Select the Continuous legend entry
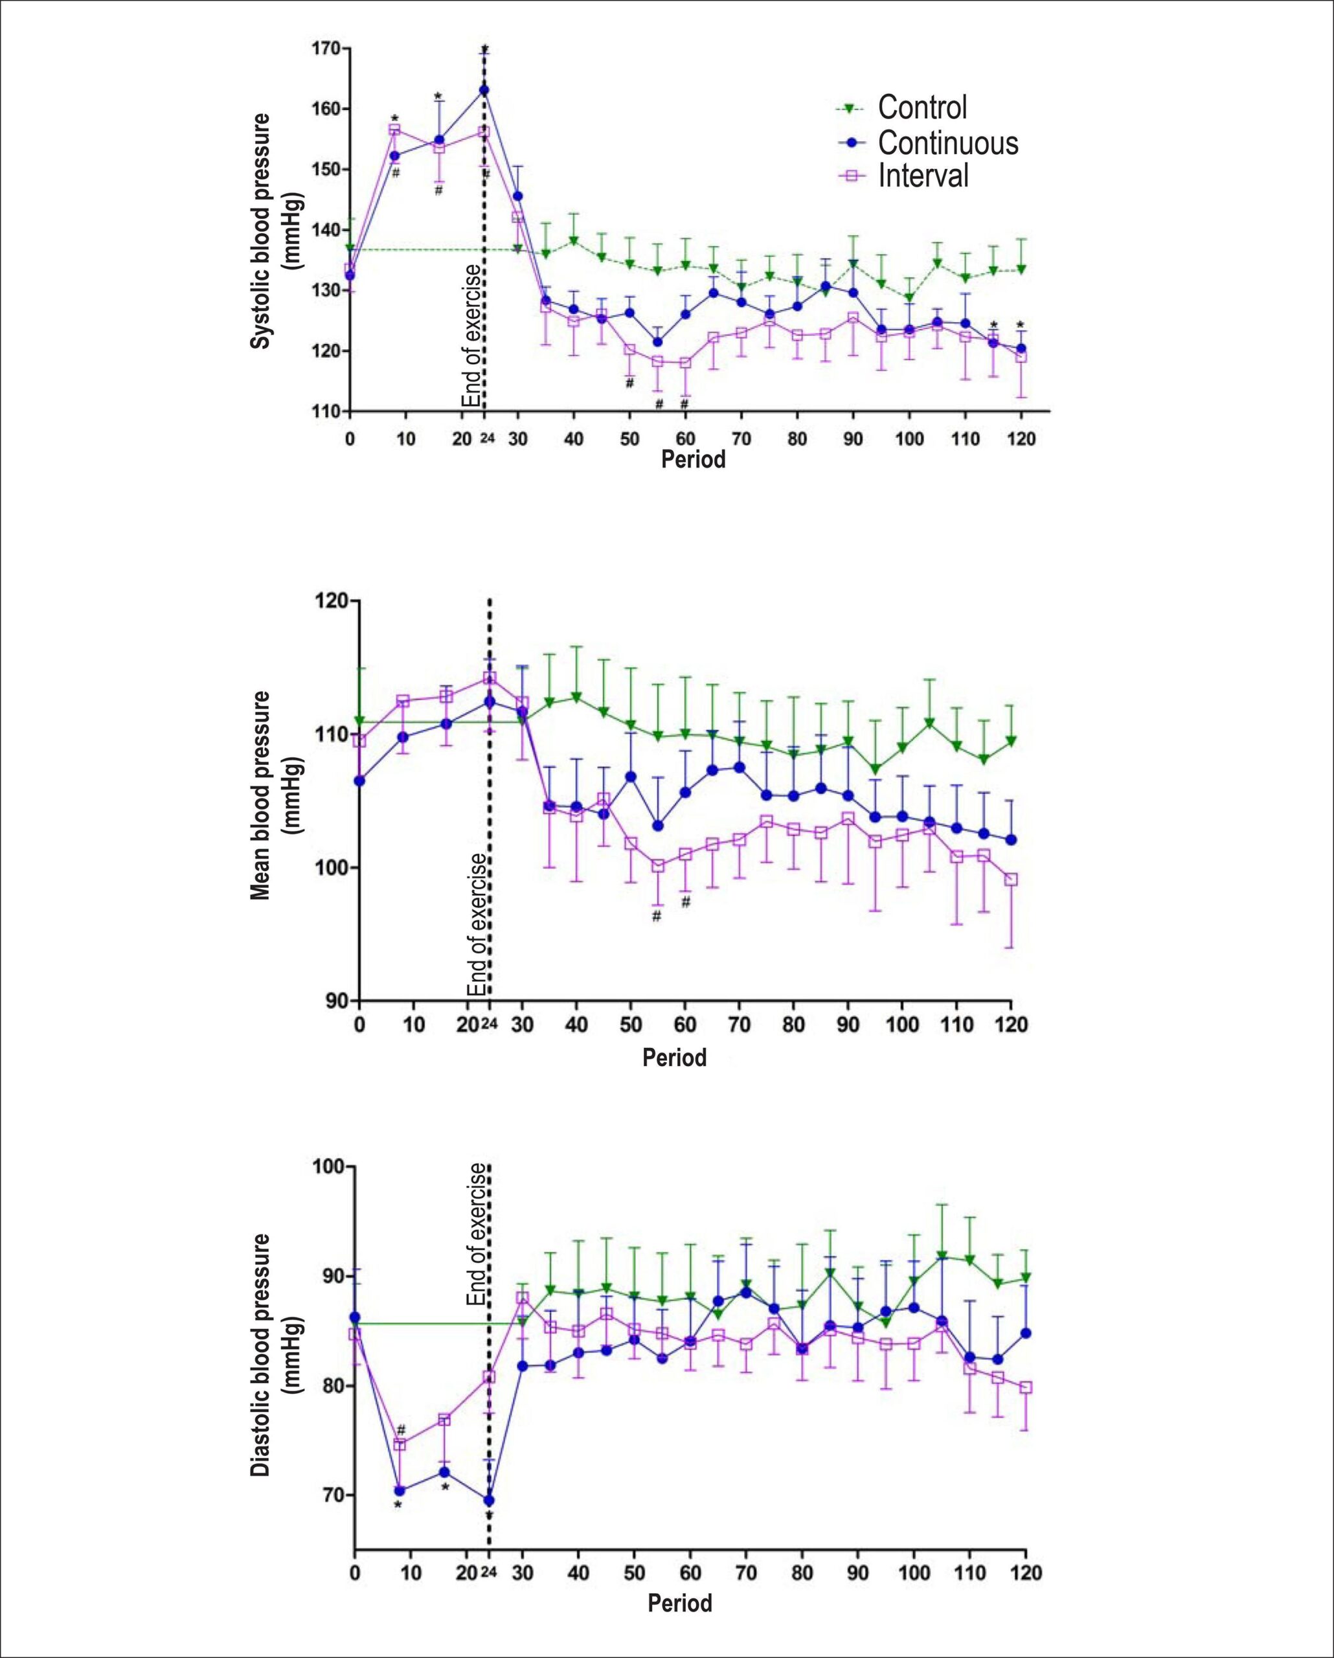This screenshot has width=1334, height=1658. pyautogui.click(x=926, y=142)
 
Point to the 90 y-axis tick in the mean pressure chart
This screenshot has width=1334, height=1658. pyautogui.click(x=340, y=1000)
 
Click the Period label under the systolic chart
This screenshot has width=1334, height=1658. pyautogui.click(x=694, y=460)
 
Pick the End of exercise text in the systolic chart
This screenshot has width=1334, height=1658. pyautogui.click(x=471, y=335)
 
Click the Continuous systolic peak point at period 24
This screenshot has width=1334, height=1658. pyautogui.click(x=484, y=90)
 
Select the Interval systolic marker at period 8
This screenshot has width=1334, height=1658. pyautogui.click(x=394, y=130)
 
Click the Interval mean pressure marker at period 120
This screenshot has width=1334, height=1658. pyautogui.click(x=1011, y=879)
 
